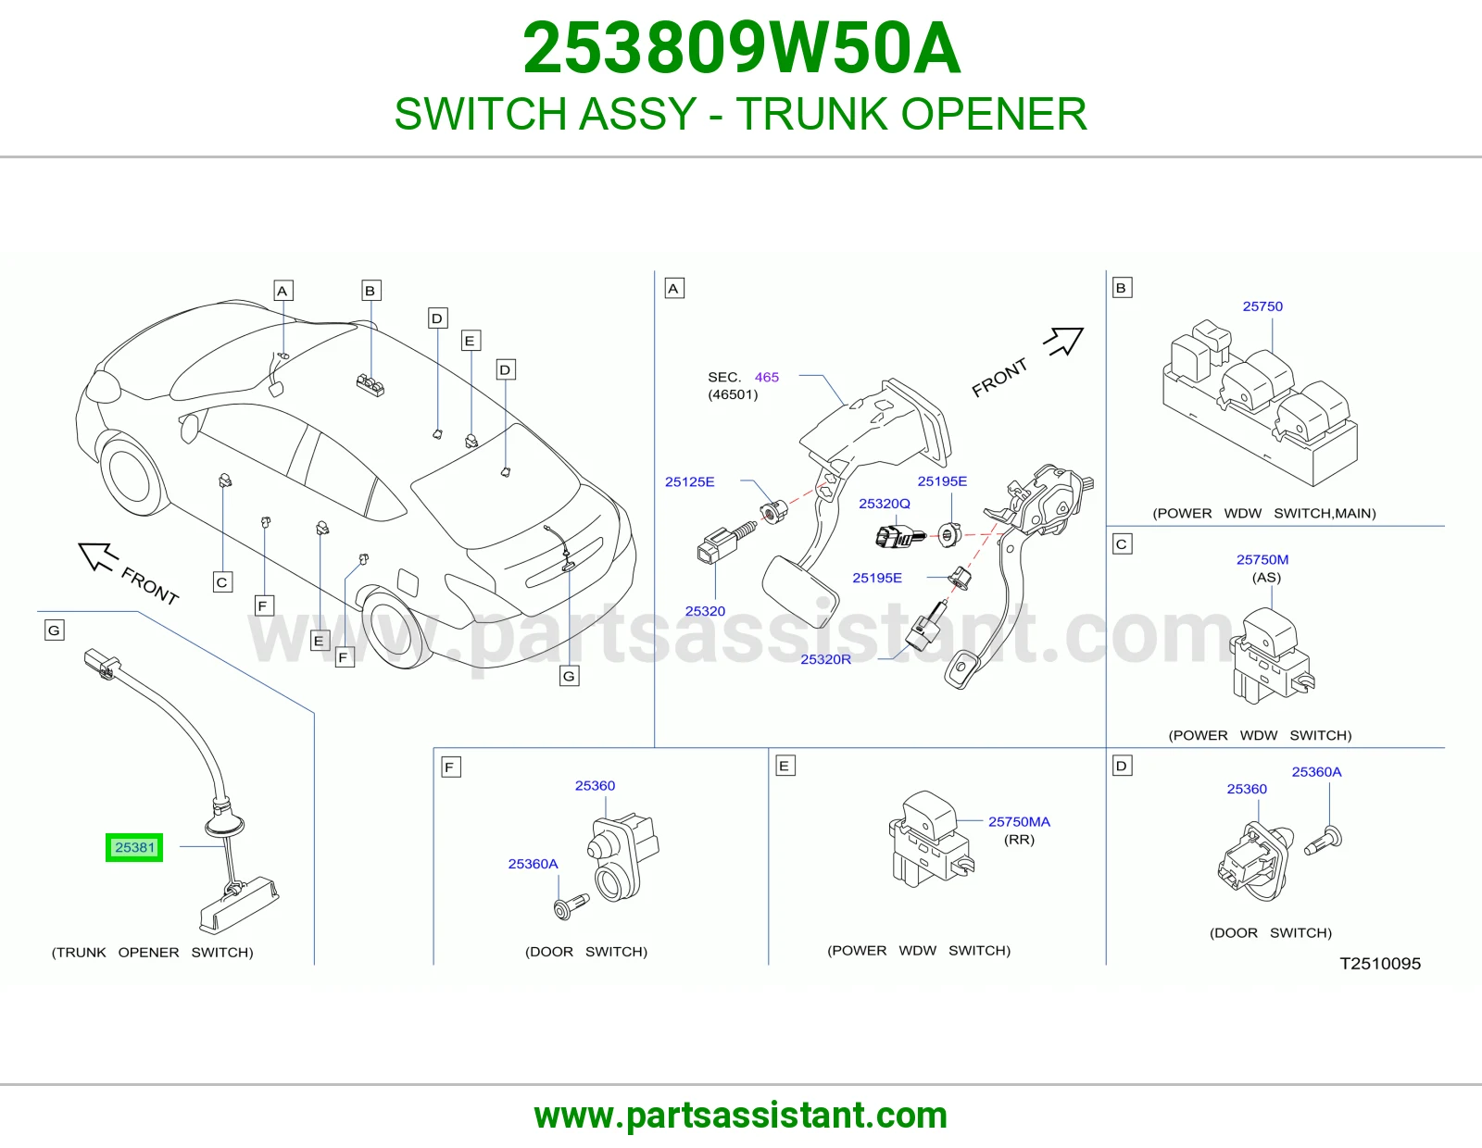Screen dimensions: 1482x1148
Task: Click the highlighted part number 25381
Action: coord(134,847)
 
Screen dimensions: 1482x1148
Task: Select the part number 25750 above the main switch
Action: coord(1262,306)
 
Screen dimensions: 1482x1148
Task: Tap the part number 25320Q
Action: coord(884,504)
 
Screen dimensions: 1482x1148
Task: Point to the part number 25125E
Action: coord(689,482)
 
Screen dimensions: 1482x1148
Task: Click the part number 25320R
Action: coord(825,659)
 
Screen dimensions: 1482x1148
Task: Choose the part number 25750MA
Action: coord(1019,822)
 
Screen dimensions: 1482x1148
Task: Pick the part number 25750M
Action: coord(1262,560)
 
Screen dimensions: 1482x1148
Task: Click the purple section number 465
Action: coord(767,377)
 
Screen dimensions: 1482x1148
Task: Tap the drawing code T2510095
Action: coord(1380,963)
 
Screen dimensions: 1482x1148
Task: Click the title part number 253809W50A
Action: coord(741,48)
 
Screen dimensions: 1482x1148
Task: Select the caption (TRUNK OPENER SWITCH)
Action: coord(152,953)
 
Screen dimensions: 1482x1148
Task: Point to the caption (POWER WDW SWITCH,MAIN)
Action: coord(1263,513)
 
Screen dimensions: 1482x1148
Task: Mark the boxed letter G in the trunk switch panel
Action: coord(55,630)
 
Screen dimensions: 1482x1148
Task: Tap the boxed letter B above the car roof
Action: coord(370,291)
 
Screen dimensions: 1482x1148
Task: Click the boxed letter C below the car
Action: coord(221,582)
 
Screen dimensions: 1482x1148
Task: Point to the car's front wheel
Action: coord(133,477)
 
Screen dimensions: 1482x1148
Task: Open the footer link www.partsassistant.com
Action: coord(741,1116)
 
